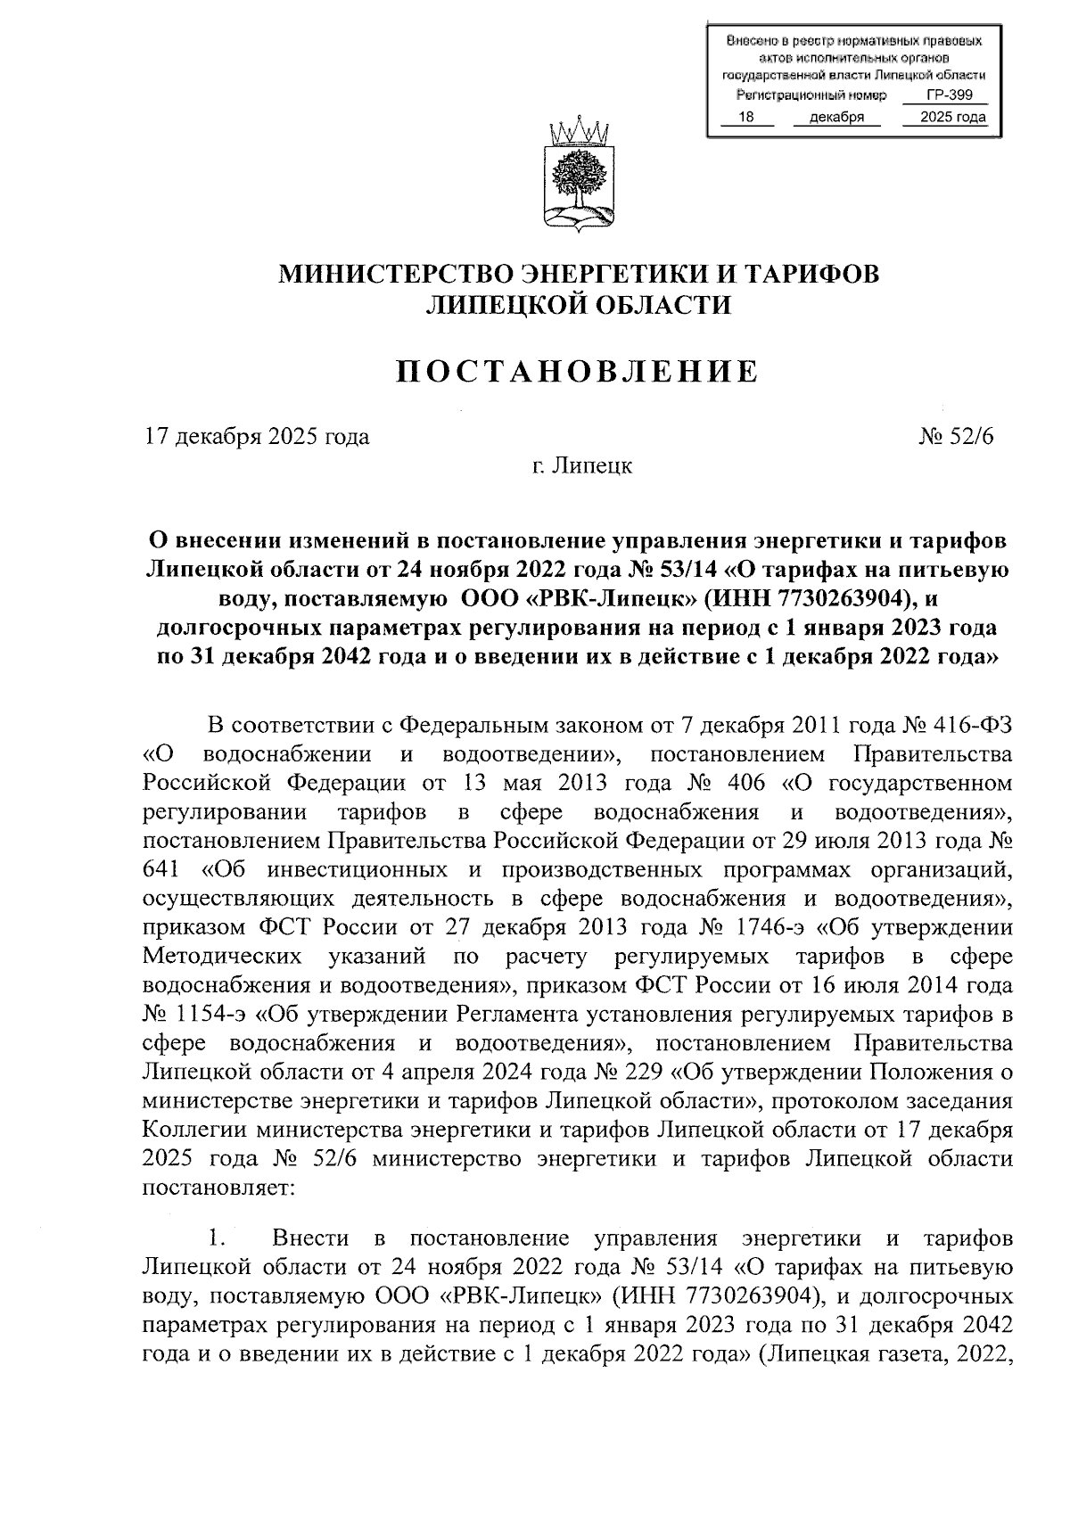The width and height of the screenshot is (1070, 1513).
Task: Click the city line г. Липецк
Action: pyautogui.click(x=579, y=465)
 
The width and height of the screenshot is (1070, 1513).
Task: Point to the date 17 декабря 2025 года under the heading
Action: pyautogui.click(x=257, y=437)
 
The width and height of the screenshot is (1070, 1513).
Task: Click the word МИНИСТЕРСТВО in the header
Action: pyautogui.click(x=398, y=273)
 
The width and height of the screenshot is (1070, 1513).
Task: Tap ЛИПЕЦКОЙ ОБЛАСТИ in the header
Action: pyautogui.click(x=579, y=306)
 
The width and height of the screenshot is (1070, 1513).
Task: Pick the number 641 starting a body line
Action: pyautogui.click(x=161, y=870)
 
